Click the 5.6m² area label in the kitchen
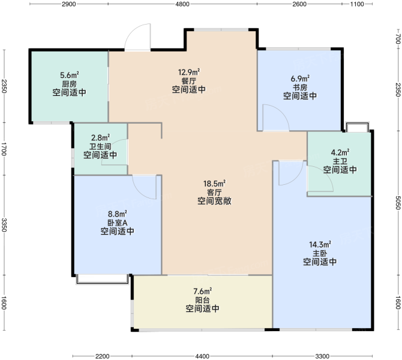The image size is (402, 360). (x=69, y=75)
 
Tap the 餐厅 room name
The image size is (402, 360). (x=188, y=81)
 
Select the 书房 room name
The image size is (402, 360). (x=300, y=88)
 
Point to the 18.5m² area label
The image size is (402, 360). (x=215, y=184)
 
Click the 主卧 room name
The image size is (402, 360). (x=320, y=253)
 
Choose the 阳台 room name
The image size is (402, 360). (x=203, y=300)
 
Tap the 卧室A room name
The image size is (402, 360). (x=117, y=223)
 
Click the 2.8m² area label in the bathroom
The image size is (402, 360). (x=101, y=137)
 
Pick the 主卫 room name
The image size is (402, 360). (x=340, y=161)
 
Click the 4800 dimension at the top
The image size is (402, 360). (x=182, y=4)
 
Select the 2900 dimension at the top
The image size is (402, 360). (x=69, y=4)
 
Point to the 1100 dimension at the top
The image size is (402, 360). (x=357, y=4)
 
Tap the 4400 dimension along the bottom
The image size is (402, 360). (x=202, y=356)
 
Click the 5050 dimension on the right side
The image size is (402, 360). (x=398, y=203)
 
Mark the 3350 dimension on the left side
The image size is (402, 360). (x=4, y=225)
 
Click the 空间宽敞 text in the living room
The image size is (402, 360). (x=215, y=201)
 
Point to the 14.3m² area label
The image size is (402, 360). (x=320, y=244)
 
